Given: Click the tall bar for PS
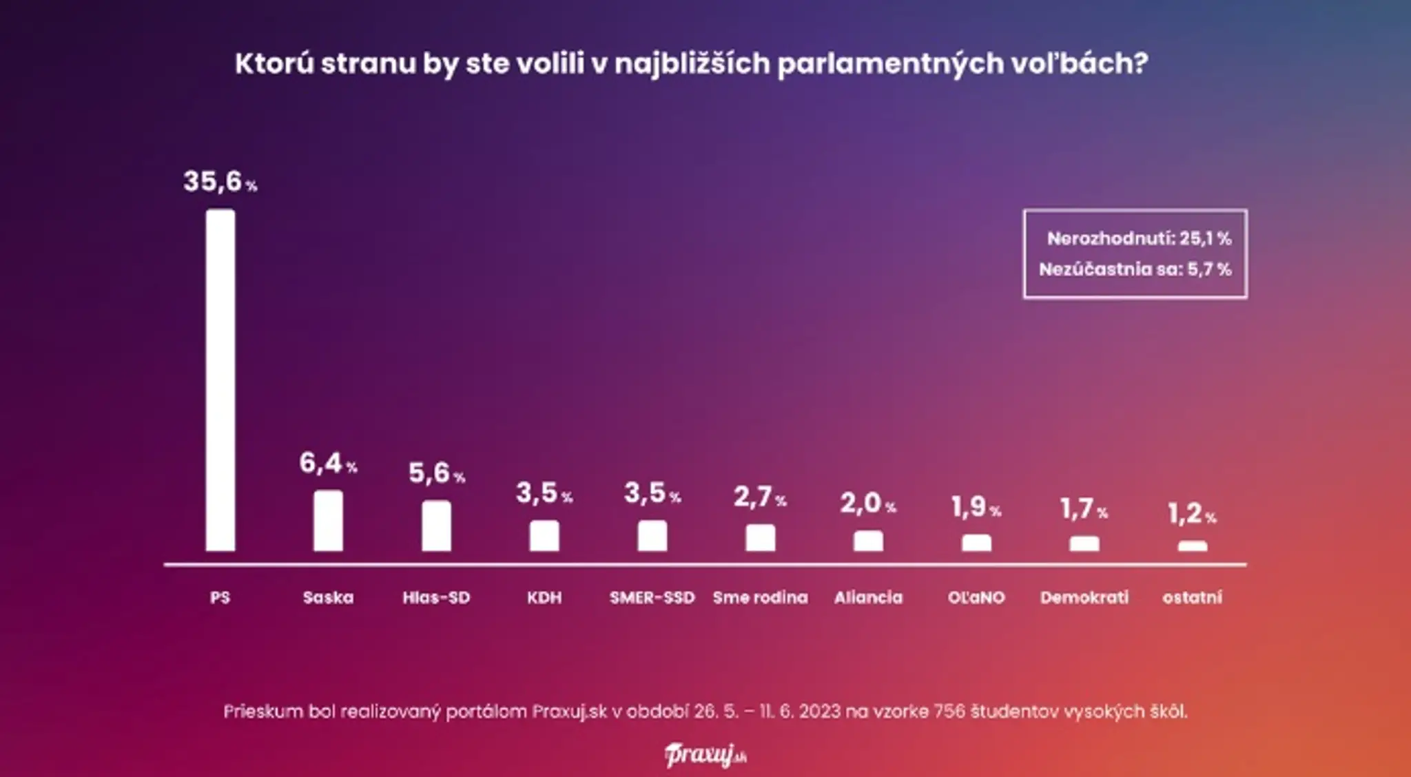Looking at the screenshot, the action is point(220,380).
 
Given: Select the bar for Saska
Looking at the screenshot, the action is point(328,521).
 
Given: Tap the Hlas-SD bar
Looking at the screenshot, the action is point(436,526).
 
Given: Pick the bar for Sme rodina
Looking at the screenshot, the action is point(760,538).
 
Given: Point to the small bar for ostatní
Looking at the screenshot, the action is point(1193,546).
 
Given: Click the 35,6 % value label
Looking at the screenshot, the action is point(220,182).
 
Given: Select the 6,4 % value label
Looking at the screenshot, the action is point(328,463).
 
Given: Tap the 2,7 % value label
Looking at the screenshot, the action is point(760,497).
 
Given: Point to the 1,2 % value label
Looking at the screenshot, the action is point(1193,513).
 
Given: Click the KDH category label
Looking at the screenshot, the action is point(544,597).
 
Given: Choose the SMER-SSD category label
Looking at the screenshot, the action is point(652,597).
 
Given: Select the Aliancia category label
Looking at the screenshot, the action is point(868,597).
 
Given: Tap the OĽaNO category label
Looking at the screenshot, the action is point(976,597).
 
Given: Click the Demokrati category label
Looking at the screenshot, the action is point(1084,597).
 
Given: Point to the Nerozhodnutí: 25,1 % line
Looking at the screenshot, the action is point(1140,238).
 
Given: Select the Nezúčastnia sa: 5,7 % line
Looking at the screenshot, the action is point(1135,269).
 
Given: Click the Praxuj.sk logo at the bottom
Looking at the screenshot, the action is point(705,755).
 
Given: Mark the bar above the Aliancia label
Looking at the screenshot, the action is point(868,541).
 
